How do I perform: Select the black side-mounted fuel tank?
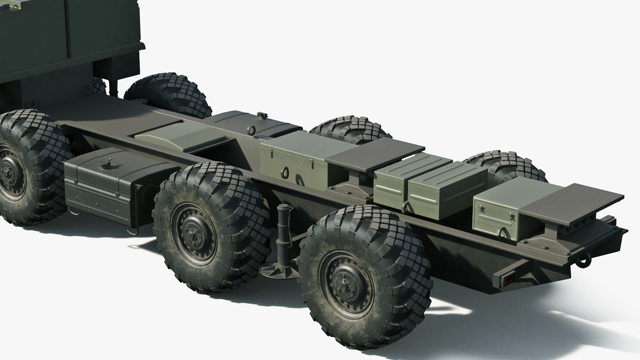coord(100,187)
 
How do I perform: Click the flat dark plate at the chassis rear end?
coord(572,204)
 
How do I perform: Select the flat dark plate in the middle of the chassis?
coord(375,152)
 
